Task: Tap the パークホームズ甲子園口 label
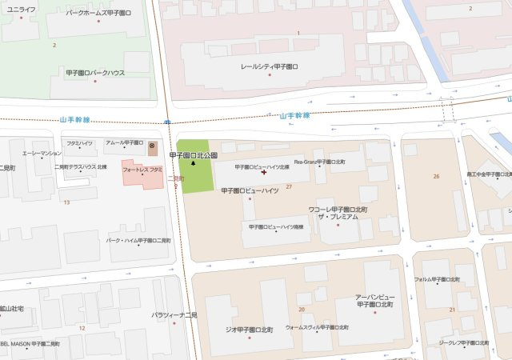coord(99,14)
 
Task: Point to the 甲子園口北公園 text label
coord(194,154)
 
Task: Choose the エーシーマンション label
coord(42,152)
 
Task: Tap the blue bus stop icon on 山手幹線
coord(166,122)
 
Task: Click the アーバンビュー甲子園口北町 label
coord(374,301)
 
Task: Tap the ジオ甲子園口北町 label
coord(249,329)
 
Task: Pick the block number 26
coord(436,176)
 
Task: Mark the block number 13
coord(66,202)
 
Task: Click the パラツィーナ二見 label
coord(179,314)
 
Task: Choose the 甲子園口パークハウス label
coord(96,72)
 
